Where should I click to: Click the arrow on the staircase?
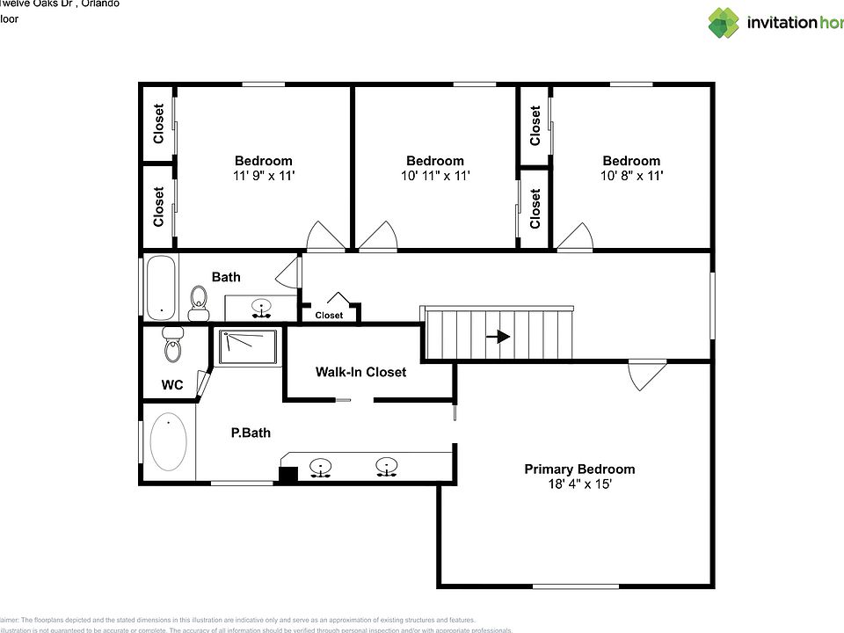pyautogui.click(x=498, y=336)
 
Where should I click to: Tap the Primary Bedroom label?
pyautogui.click(x=579, y=469)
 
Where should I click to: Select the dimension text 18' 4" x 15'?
pyautogui.click(x=579, y=484)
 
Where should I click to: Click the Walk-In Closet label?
pyautogui.click(x=360, y=372)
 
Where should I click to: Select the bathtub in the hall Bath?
pyautogui.click(x=161, y=287)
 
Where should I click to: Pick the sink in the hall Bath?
pyautogui.click(x=261, y=308)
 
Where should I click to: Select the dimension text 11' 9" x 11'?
pyautogui.click(x=263, y=176)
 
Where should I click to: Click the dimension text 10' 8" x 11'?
pyautogui.click(x=631, y=176)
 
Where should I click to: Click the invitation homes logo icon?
pyautogui.click(x=724, y=23)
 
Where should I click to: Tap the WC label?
pyautogui.click(x=172, y=385)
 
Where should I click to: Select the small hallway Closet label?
pyautogui.click(x=329, y=315)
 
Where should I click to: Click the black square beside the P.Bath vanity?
pyautogui.click(x=287, y=474)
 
